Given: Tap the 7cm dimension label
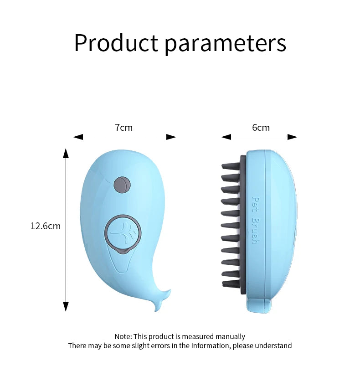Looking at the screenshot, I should point(123,128).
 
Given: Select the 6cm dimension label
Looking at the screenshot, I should point(261,128).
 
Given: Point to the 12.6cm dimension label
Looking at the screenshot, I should point(46,226).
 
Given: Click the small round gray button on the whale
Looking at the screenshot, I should point(122,184).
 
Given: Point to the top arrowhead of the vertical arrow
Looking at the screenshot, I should point(66,153).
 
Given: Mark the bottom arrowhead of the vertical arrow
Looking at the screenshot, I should point(66,307).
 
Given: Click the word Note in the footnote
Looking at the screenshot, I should point(122,336).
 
